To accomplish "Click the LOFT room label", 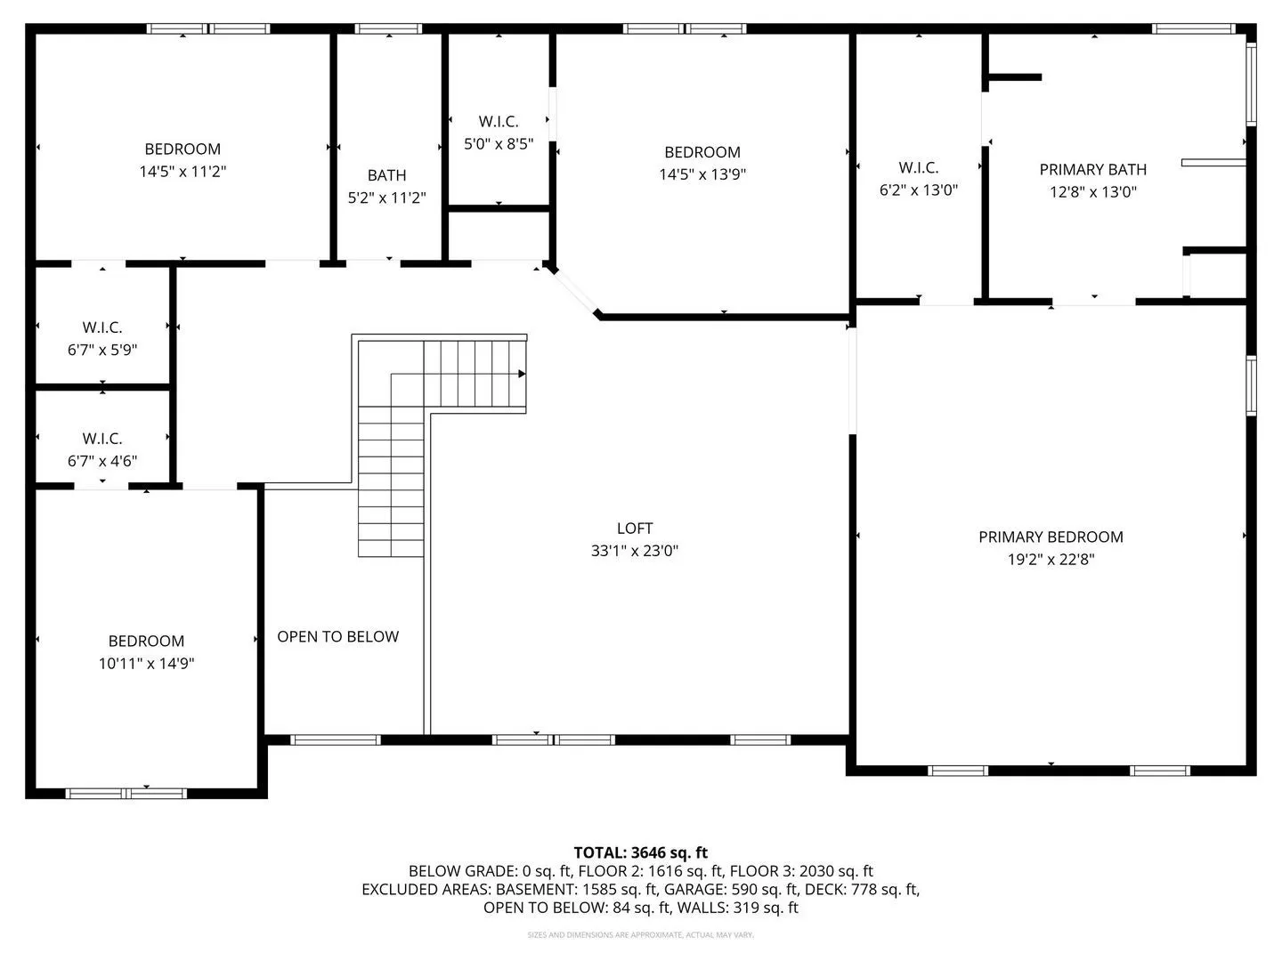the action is tap(634, 528).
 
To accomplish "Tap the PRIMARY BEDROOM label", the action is tap(1051, 537).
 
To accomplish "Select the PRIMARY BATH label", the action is tap(1092, 169).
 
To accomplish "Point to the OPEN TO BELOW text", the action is tap(337, 636).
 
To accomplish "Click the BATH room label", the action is tap(386, 175).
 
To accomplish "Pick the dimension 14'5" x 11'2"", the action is tap(183, 172).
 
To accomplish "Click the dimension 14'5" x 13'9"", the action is tap(702, 174).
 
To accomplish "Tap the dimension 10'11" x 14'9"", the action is tap(146, 664).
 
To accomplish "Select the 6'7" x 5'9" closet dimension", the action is tap(102, 350).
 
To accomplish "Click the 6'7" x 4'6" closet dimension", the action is tap(102, 461).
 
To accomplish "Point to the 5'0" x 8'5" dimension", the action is tap(499, 143).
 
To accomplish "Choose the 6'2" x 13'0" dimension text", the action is tap(919, 190).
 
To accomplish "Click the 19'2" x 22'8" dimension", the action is tap(1051, 560).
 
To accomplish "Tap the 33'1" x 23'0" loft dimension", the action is tap(634, 551).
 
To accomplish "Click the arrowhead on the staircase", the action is tap(522, 374).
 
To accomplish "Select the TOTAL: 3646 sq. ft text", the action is tap(641, 853).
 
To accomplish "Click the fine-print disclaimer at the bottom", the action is tap(641, 935).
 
